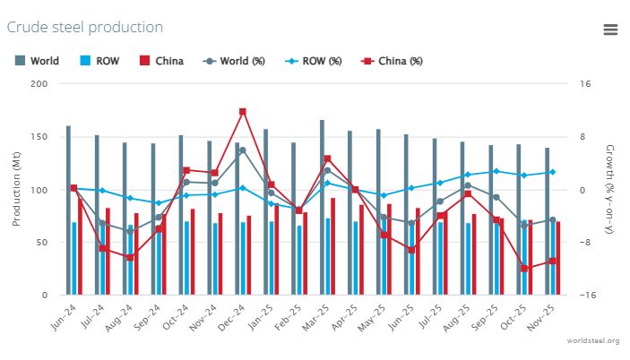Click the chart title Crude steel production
(85, 27)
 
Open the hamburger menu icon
(610, 29)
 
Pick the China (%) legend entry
(392, 61)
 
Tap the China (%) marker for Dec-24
(243, 112)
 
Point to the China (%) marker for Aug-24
(130, 258)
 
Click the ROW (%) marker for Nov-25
(552, 172)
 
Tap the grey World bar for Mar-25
(322, 206)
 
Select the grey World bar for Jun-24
(68, 210)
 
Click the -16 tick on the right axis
(586, 296)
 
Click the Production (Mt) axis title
(17, 189)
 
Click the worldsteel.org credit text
(593, 341)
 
